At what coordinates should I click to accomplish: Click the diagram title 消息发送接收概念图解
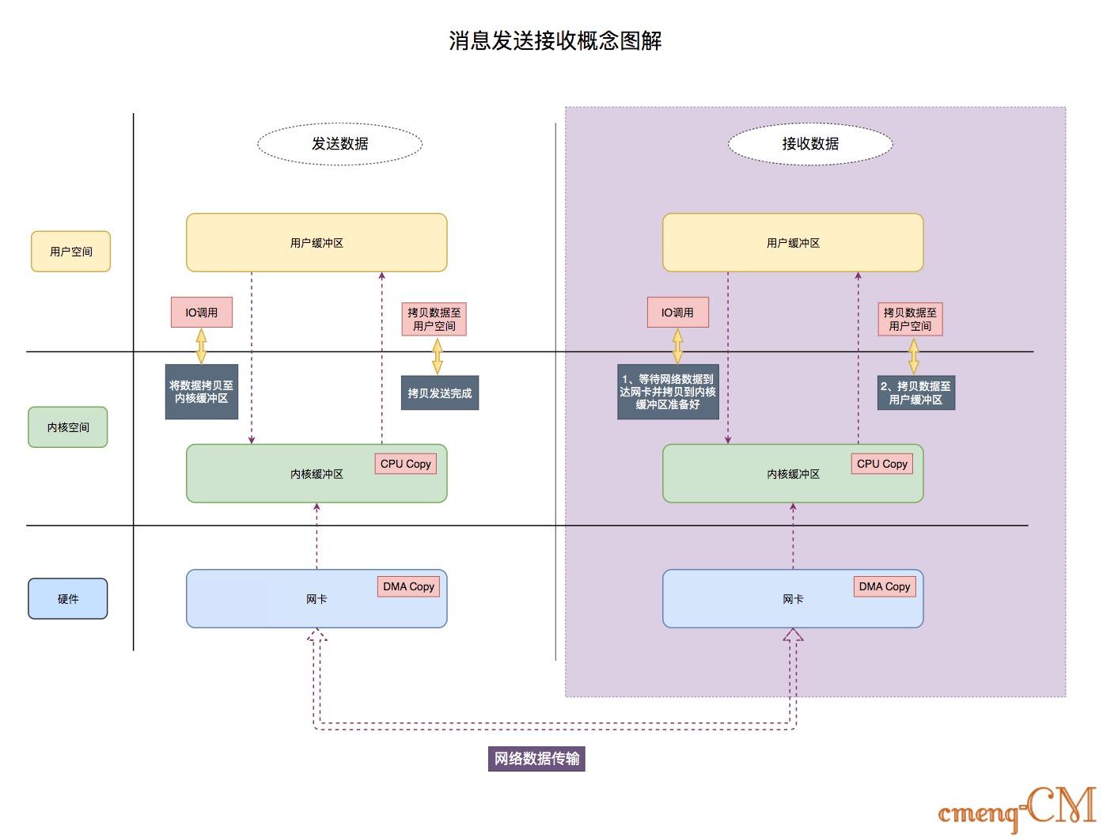tap(555, 40)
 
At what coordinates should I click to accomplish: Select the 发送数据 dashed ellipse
tap(339, 143)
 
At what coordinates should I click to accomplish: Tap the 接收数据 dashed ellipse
tap(809, 143)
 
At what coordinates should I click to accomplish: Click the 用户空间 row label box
tap(70, 252)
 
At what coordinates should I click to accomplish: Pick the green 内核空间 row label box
tap(68, 427)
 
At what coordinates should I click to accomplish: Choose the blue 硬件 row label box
tap(68, 599)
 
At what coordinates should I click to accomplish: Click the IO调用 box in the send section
tap(201, 313)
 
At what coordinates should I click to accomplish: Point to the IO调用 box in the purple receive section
tap(677, 313)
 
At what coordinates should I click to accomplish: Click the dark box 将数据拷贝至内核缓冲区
tap(201, 392)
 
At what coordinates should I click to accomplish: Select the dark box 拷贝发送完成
tap(439, 393)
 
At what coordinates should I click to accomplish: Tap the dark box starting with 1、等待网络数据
tap(668, 392)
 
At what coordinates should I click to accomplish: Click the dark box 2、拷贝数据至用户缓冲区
tap(915, 392)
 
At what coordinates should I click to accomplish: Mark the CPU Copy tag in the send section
tap(405, 464)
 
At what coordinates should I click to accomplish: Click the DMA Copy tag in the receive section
tap(885, 586)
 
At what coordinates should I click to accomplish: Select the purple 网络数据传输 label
tap(536, 759)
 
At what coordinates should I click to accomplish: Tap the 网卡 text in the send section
tap(316, 599)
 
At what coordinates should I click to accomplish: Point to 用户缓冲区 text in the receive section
tap(793, 243)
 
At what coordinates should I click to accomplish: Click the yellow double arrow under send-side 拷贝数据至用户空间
tap(438, 356)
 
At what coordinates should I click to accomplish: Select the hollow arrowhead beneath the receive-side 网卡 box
tap(793, 635)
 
